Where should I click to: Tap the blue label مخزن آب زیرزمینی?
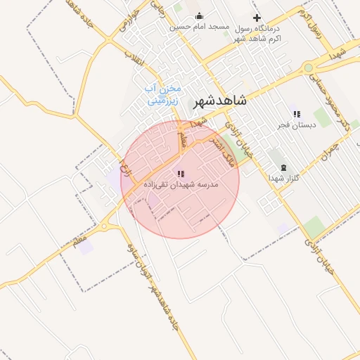[162, 94]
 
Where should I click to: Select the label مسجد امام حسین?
[200, 27]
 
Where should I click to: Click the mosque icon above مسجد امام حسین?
[199, 16]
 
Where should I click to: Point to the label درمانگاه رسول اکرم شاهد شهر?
[257, 32]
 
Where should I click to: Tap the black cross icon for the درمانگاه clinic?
[257, 18]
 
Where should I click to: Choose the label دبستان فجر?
[297, 124]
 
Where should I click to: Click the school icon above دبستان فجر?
[297, 114]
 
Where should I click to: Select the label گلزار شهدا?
[283, 178]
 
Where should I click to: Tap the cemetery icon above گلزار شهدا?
[283, 167]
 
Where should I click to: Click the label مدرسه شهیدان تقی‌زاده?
[181, 184]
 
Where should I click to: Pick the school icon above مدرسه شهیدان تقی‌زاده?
[181, 173]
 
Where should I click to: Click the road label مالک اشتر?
[220, 147]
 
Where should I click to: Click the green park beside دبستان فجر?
[323, 117]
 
